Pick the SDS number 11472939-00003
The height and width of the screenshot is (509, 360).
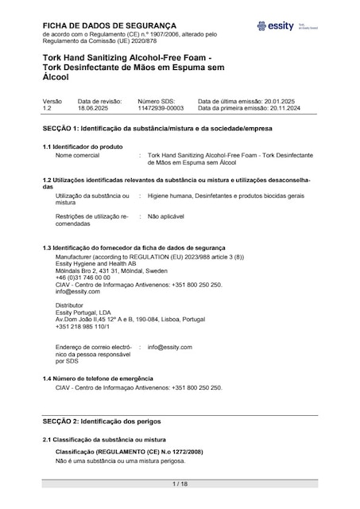click(x=161, y=108)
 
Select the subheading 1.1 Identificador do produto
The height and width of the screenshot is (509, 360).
click(x=83, y=147)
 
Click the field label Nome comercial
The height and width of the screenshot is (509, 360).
click(x=80, y=155)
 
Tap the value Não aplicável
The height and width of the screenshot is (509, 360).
click(x=167, y=216)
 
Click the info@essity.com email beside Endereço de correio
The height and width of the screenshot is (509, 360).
click(x=170, y=348)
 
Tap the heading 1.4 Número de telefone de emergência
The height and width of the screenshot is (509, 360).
click(x=98, y=379)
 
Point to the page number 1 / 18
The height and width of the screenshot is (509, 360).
click(x=180, y=483)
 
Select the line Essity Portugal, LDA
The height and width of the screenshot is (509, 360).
click(x=83, y=313)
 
